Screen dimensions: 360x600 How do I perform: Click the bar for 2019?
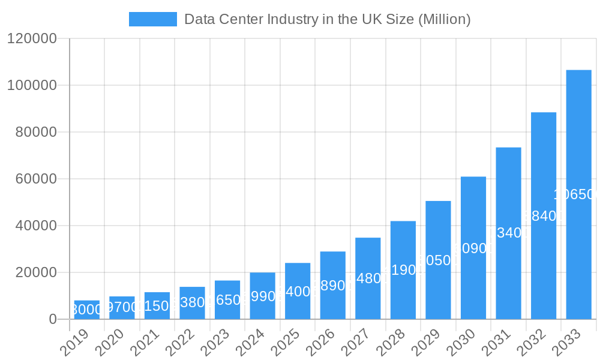87,310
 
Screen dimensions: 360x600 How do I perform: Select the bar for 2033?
578,194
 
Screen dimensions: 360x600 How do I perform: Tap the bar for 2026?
333,285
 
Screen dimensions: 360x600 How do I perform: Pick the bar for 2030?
473,248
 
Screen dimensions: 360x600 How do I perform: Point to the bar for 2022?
193,303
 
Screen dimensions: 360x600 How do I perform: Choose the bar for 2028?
403,270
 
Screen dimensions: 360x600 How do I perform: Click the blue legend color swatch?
153,19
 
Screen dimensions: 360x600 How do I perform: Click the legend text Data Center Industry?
327,19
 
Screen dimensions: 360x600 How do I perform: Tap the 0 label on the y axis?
53,319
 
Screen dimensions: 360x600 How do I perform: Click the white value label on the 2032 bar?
544,216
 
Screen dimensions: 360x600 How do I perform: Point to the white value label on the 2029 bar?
438,260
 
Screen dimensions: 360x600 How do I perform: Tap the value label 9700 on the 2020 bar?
122,308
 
